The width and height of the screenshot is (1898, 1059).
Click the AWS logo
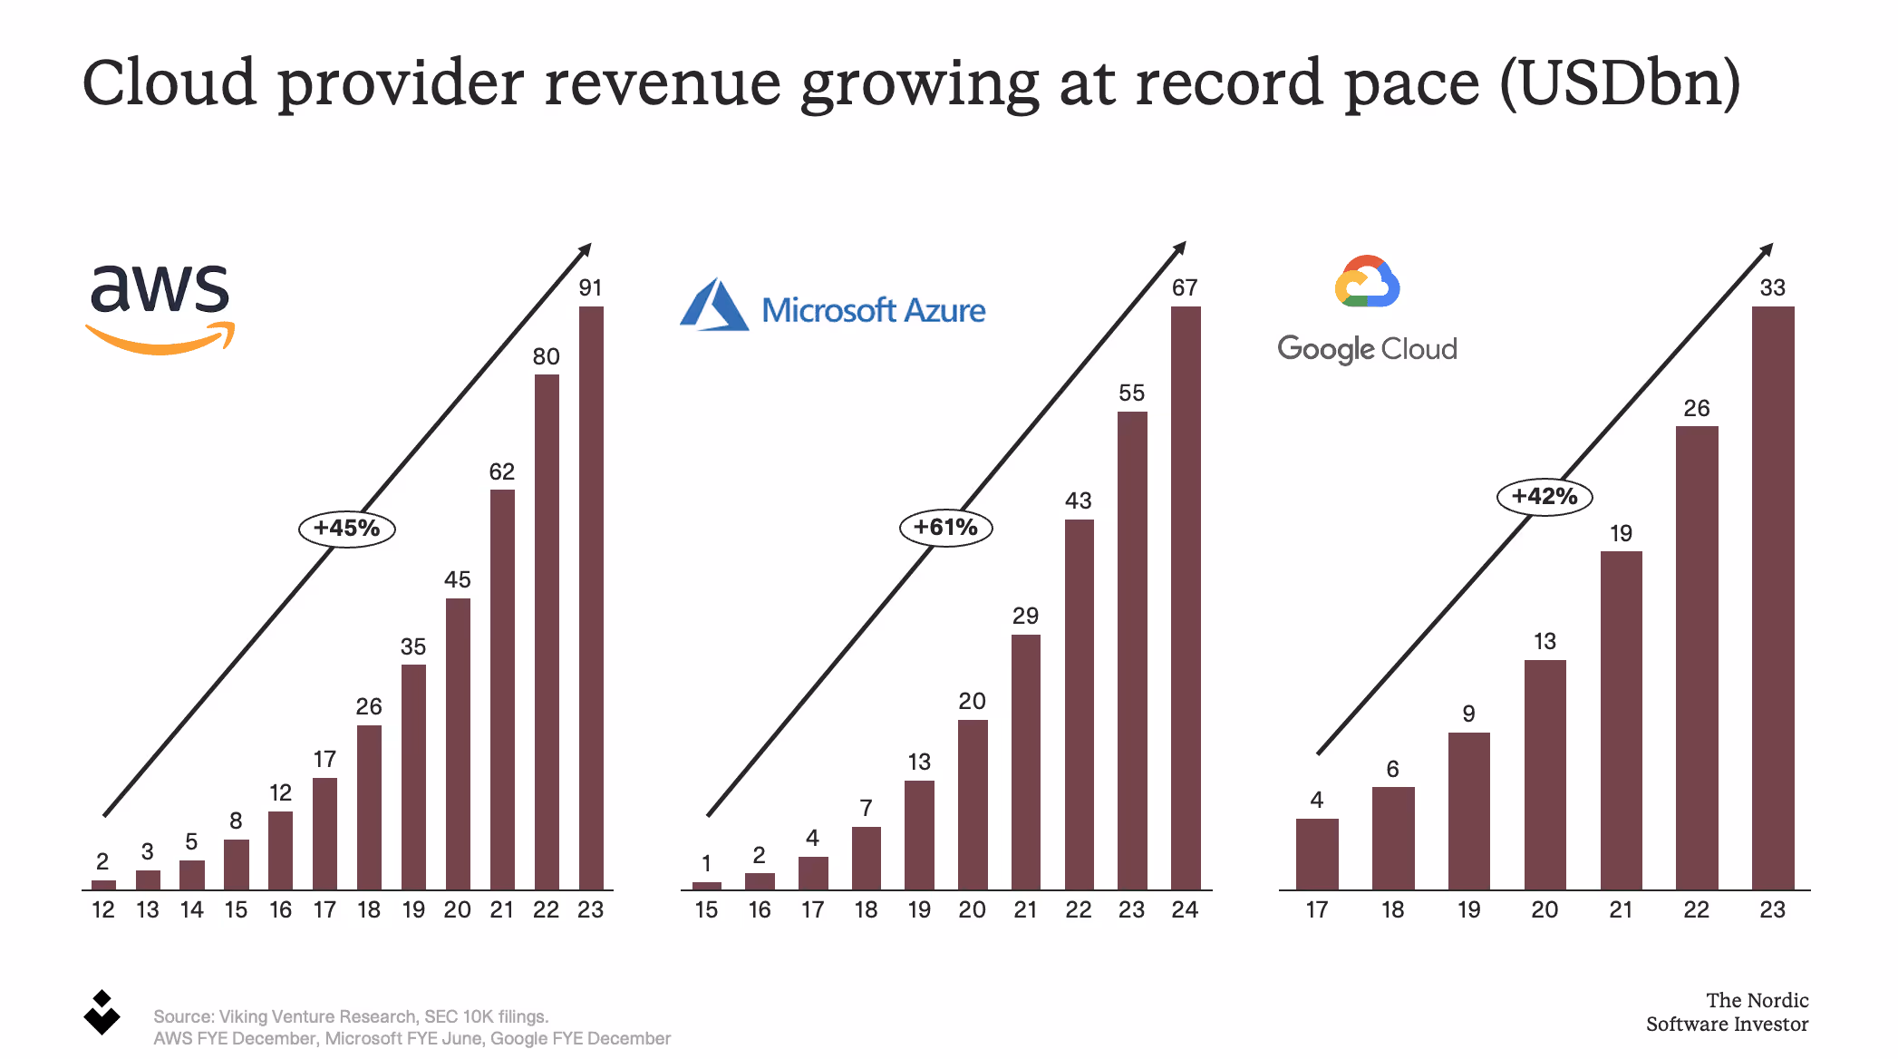click(x=160, y=306)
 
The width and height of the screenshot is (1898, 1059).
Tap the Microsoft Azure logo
click(x=832, y=306)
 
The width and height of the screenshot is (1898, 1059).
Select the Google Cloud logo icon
click(x=1367, y=282)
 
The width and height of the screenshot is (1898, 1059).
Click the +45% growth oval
click(x=347, y=529)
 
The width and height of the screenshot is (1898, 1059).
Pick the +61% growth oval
click(x=945, y=528)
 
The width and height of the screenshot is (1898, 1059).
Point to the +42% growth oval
click(x=1544, y=497)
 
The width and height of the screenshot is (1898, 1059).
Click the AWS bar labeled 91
click(x=591, y=598)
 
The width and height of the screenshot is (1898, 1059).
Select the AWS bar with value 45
click(x=458, y=743)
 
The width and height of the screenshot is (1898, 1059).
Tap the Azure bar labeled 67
click(x=1185, y=598)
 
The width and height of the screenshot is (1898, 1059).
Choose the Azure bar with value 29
click(x=1025, y=762)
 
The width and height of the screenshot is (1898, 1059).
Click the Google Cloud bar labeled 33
click(x=1772, y=598)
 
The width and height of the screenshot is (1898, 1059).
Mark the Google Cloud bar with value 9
click(x=1468, y=811)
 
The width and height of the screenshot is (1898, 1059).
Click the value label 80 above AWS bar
click(x=546, y=357)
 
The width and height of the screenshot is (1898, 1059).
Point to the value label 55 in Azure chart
click(x=1131, y=393)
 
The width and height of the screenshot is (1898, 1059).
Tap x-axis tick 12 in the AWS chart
click(x=103, y=910)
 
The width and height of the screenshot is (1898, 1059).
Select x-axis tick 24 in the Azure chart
click(x=1185, y=910)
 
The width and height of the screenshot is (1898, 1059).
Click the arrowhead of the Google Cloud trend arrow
click(x=1767, y=248)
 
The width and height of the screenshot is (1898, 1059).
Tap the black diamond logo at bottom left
click(x=102, y=1013)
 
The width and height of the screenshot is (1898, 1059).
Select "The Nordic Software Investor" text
click(x=1727, y=1013)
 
